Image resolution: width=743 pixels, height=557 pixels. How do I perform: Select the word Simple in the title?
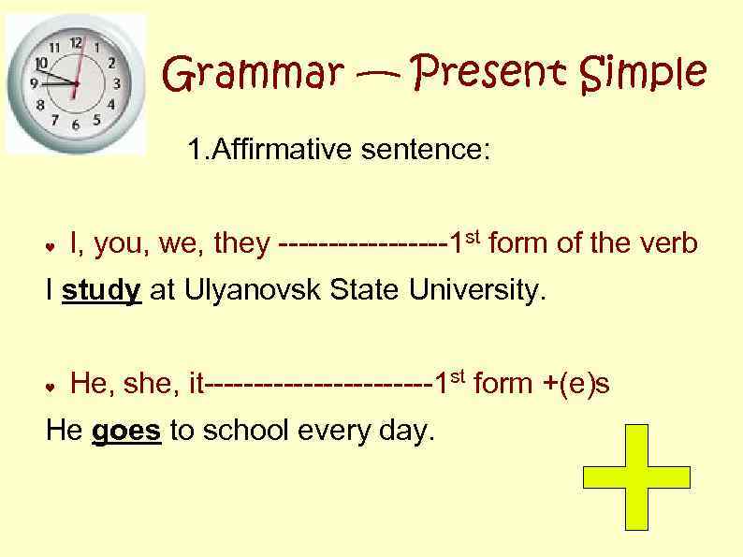point(643,73)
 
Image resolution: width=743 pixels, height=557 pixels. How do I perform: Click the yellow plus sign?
point(636,476)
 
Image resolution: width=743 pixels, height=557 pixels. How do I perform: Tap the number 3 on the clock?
point(117,83)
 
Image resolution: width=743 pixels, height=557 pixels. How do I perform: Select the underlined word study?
point(101,291)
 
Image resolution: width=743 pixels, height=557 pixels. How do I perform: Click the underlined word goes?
point(127,430)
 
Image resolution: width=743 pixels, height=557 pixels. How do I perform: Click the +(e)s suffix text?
point(576,384)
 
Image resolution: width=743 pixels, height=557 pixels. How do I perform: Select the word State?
point(365,291)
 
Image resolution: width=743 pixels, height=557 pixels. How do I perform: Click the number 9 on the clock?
point(35,83)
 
